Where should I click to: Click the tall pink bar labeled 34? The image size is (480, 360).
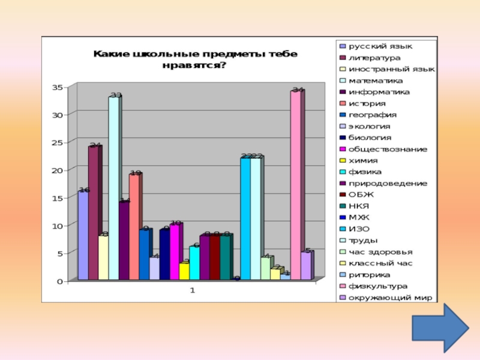click(296, 186)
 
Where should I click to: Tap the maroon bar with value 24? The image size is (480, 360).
click(93, 213)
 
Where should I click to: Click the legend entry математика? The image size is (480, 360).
click(376, 80)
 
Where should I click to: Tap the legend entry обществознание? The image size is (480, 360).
click(388, 149)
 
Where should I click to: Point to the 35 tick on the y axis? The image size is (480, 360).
click(57, 87)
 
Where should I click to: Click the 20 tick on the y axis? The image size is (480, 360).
click(57, 170)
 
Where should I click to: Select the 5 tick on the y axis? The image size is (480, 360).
click(59, 253)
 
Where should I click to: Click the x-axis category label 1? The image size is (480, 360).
click(193, 290)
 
